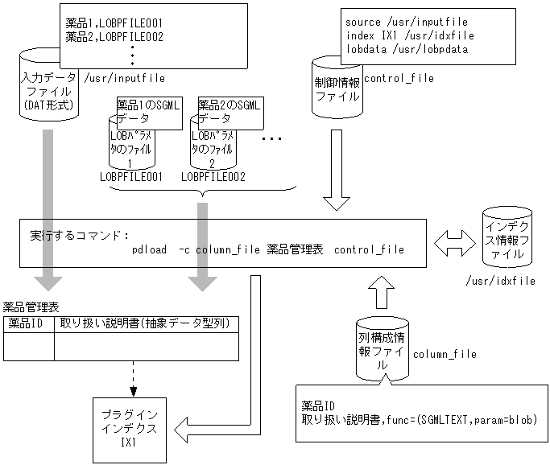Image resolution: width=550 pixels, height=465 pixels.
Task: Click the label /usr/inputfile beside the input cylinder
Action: tap(125, 78)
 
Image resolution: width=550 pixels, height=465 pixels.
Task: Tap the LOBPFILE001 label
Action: tap(132, 175)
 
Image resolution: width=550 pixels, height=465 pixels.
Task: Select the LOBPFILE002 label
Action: tap(213, 175)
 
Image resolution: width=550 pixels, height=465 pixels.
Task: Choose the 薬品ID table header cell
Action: tap(29, 323)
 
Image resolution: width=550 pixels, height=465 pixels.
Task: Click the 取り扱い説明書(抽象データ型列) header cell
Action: tap(146, 323)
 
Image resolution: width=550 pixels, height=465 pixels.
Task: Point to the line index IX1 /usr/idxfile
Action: tap(409, 35)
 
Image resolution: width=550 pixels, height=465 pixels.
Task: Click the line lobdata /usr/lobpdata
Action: tap(406, 49)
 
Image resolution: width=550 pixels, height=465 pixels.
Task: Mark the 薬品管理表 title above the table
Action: tap(31, 307)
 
